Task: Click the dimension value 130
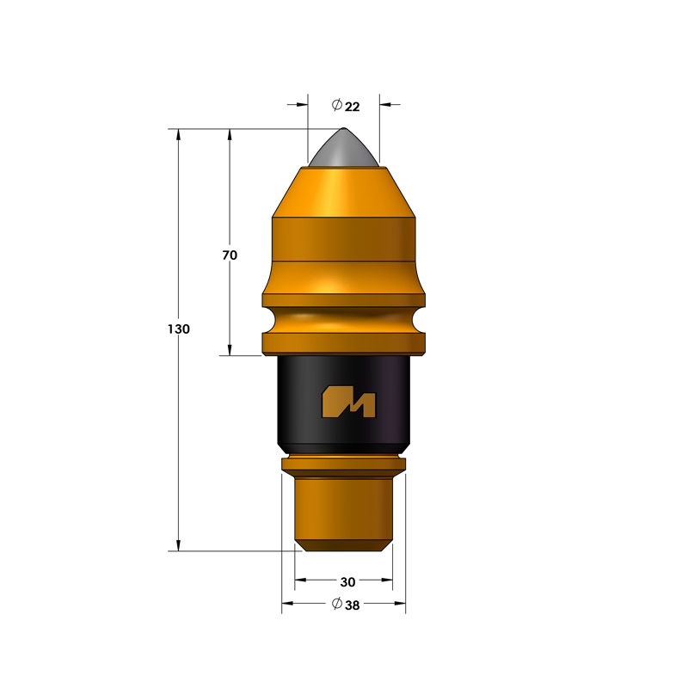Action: pos(179,329)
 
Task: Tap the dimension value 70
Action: pos(230,255)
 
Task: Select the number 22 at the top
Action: pos(352,107)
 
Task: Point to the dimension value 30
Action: pos(347,582)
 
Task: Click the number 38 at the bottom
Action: pos(352,605)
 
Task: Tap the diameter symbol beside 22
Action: pos(337,105)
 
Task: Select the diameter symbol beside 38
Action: pos(337,604)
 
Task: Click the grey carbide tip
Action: pos(343,148)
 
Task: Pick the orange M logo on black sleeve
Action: pos(349,402)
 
